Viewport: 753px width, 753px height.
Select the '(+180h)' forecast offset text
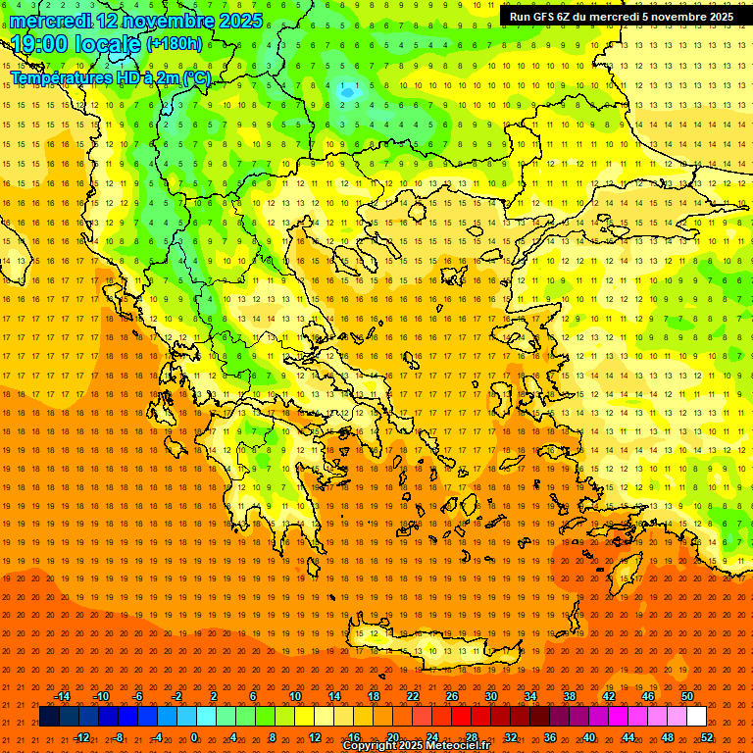click(x=174, y=43)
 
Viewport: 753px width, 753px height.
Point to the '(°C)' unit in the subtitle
click(x=196, y=77)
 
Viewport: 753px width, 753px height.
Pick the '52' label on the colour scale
click(x=707, y=736)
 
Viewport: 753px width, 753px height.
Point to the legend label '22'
click(x=413, y=696)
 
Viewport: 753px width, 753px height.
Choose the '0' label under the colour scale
click(x=194, y=736)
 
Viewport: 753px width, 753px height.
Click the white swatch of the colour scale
click(x=696, y=717)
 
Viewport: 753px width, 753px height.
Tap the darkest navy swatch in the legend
click(x=49, y=717)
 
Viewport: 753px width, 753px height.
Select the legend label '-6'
click(x=137, y=696)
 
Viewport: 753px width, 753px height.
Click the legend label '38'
click(x=569, y=696)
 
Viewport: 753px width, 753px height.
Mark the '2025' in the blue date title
click(x=239, y=21)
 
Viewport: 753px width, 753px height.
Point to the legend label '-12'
click(x=82, y=736)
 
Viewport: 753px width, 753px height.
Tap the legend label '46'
click(x=647, y=696)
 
